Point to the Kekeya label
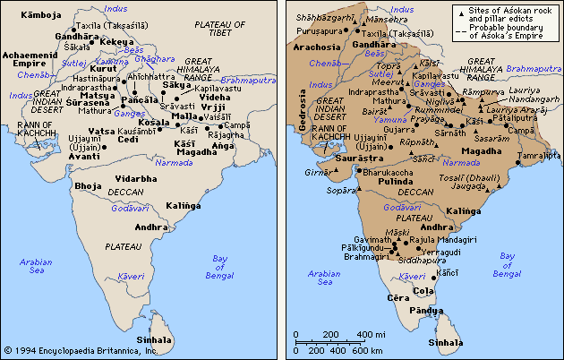point(117,41)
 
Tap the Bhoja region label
point(89,185)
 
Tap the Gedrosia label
point(303,116)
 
